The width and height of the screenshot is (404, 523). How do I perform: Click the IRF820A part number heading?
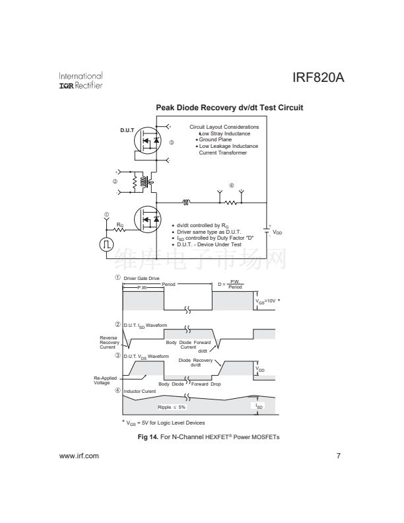click(x=319, y=79)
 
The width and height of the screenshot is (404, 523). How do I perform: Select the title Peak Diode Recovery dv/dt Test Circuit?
click(x=229, y=108)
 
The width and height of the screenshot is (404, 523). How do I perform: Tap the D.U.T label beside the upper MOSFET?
click(x=127, y=130)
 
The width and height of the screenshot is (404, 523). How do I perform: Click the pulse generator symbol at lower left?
click(x=106, y=244)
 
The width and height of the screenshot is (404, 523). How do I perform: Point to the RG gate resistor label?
click(x=119, y=225)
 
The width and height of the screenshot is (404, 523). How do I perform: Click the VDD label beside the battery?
click(x=278, y=232)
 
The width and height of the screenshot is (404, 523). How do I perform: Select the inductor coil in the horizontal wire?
click(x=187, y=203)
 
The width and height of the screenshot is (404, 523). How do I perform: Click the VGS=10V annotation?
click(x=270, y=301)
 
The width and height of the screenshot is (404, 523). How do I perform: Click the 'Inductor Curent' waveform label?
click(x=142, y=392)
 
